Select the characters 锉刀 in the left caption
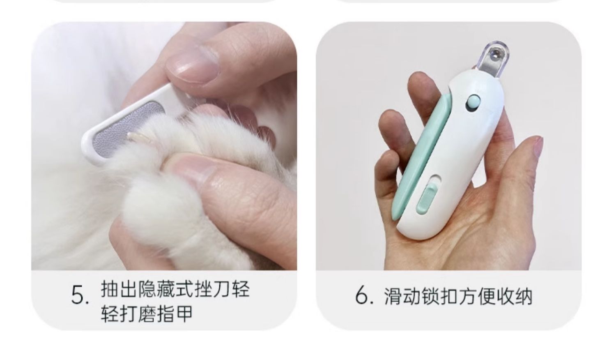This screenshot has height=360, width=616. (x=212, y=289)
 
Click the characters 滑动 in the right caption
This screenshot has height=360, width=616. (x=402, y=297)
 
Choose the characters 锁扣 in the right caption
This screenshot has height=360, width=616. (x=440, y=297)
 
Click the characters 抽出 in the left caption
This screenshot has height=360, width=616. (x=120, y=289)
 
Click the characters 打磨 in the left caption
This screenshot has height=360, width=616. (x=138, y=314)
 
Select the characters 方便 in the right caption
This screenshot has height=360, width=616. (x=477, y=297)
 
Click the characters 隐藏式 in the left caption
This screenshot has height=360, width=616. (x=166, y=289)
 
